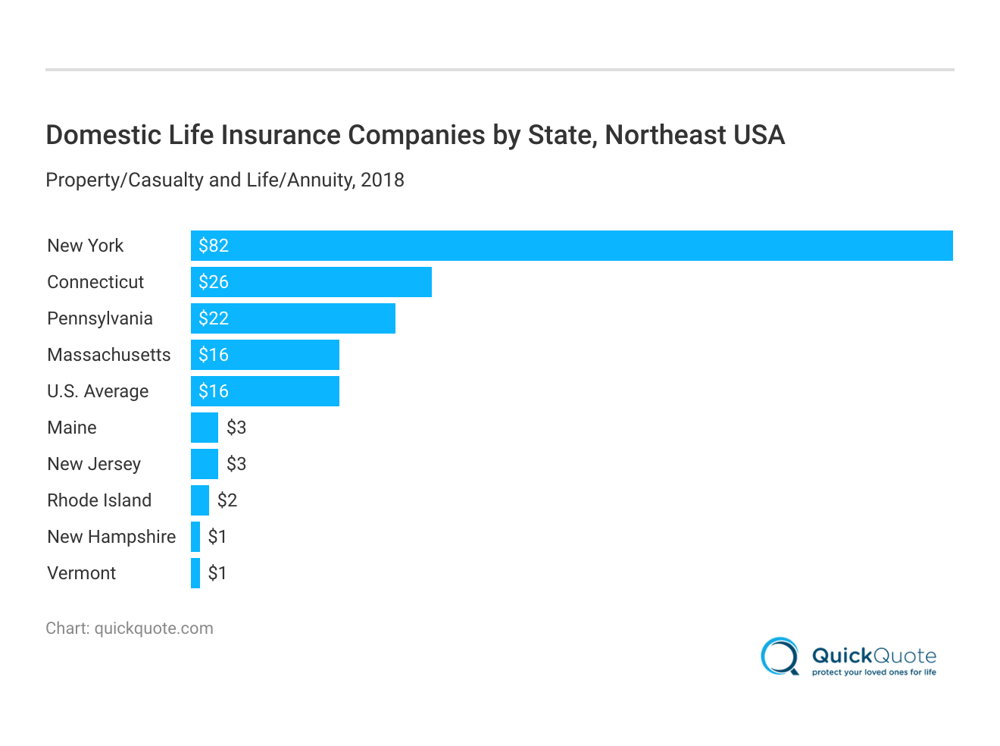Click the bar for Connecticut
pyautogui.click(x=311, y=282)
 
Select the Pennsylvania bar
pyautogui.click(x=292, y=318)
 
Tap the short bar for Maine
pyautogui.click(x=204, y=428)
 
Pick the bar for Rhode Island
pyautogui.click(x=199, y=500)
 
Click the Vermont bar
pyautogui.click(x=195, y=573)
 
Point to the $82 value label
pyautogui.click(x=214, y=246)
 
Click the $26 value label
pyautogui.click(x=214, y=282)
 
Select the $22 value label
pyautogui.click(x=214, y=318)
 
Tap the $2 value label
pyautogui.click(x=227, y=500)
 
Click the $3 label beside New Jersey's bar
pyautogui.click(x=236, y=464)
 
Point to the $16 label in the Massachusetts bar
pyautogui.click(x=214, y=355)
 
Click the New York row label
pyautogui.click(x=85, y=246)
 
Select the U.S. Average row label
pyautogui.click(x=98, y=391)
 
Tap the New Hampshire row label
pyautogui.click(x=111, y=537)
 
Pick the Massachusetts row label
pyautogui.click(x=109, y=355)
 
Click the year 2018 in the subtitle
pyautogui.click(x=383, y=180)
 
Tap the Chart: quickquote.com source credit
pyautogui.click(x=130, y=628)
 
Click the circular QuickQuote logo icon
pyautogui.click(x=780, y=657)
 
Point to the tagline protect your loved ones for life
pyautogui.click(x=873, y=672)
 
